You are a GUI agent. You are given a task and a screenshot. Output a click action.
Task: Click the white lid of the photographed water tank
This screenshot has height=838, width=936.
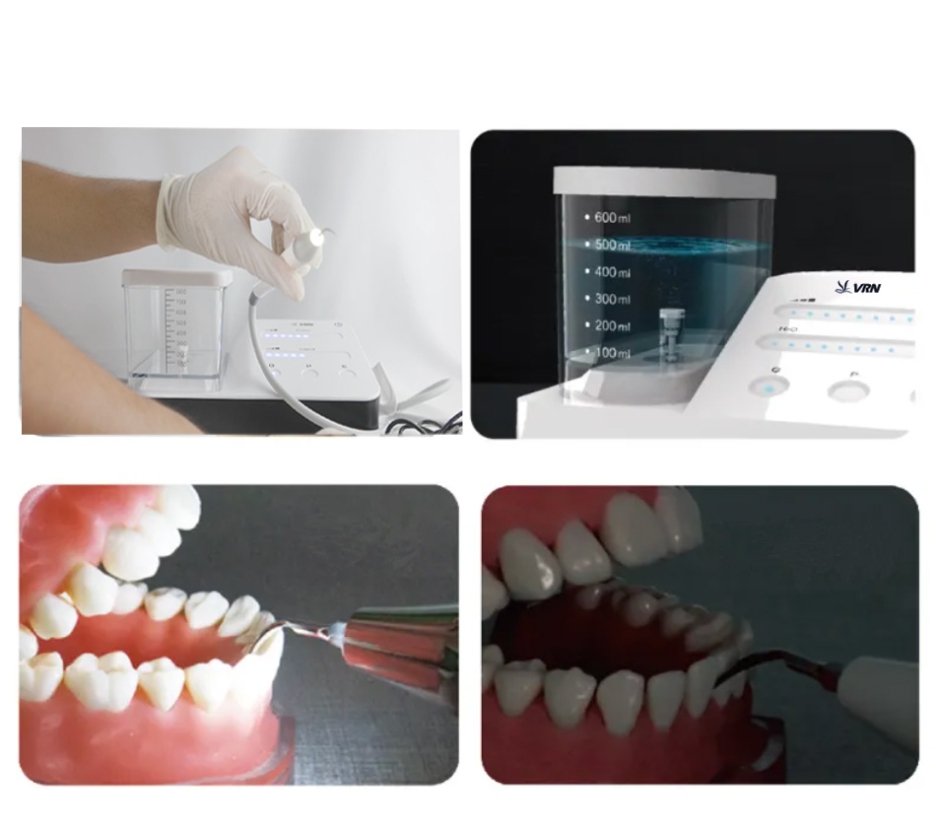pyautogui.click(x=177, y=278)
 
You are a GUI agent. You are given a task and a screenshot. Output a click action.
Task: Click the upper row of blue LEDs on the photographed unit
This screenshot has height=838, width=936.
pyautogui.click(x=286, y=335)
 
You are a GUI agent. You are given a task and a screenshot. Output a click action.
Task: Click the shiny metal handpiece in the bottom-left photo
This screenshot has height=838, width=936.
pyautogui.click(x=404, y=646)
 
